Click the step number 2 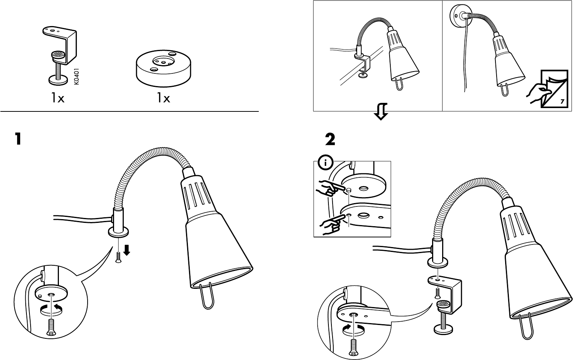[x=330, y=140]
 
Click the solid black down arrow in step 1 [x=127, y=250]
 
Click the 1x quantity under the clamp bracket [x=58, y=98]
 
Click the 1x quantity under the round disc [x=163, y=98]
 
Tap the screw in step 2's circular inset [x=352, y=347]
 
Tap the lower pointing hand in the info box [x=330, y=224]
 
